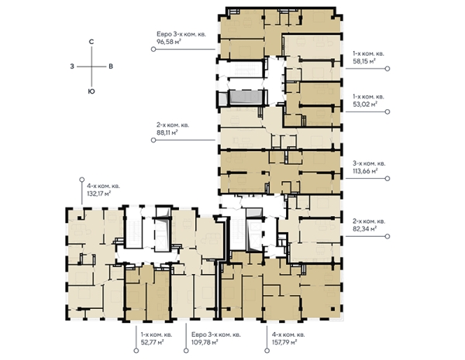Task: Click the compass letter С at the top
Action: coord(91,42)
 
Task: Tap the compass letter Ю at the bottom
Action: coord(91,91)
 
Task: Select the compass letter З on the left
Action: coord(72,67)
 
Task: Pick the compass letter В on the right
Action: coord(111,67)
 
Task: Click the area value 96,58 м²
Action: coord(169,42)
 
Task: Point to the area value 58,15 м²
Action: coord(364,61)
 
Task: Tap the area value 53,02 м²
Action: coord(365,104)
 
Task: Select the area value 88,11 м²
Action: coord(167,132)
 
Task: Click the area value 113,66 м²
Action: coord(365,171)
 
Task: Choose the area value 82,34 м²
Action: coord(365,228)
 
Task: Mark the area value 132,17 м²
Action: coord(98,194)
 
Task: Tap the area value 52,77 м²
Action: coord(153,342)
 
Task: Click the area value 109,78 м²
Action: coord(205,342)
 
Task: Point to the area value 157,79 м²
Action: coord(284,342)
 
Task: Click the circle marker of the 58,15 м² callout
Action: coord(387,69)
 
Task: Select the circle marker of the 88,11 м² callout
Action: coord(153,140)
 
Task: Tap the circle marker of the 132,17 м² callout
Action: coord(82,180)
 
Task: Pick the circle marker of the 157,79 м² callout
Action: coord(267,351)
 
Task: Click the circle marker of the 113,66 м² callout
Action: coord(387,179)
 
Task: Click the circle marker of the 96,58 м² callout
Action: coord(153,50)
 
